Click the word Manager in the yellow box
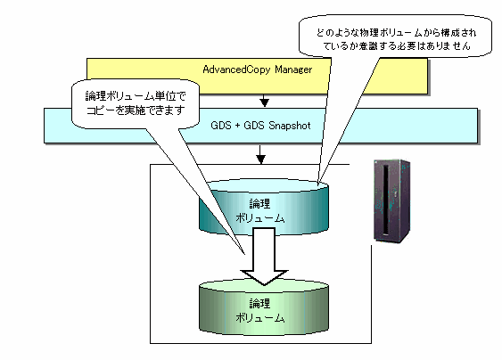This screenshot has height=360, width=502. click(293, 70)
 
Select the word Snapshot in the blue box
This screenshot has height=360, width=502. click(290, 126)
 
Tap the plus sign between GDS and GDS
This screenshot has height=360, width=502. click(237, 126)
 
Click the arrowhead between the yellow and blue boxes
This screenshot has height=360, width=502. click(264, 102)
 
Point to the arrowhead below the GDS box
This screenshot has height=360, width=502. click(260, 159)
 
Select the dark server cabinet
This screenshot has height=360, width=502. click(392, 201)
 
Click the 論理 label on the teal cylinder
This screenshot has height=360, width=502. click(259, 203)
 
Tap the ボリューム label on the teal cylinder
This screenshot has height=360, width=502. click(260, 218)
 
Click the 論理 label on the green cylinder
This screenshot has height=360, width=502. click(259, 303)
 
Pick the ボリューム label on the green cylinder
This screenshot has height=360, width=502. click(260, 318)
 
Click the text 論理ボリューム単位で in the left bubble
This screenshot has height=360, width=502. click(136, 96)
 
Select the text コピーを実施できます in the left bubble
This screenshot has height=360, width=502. click(136, 110)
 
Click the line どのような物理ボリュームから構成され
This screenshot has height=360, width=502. click(397, 33)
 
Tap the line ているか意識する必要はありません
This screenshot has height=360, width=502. click(397, 46)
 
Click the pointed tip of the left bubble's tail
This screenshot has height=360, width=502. click(245, 254)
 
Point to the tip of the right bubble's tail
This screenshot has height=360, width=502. click(318, 184)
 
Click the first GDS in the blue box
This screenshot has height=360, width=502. click(221, 126)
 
